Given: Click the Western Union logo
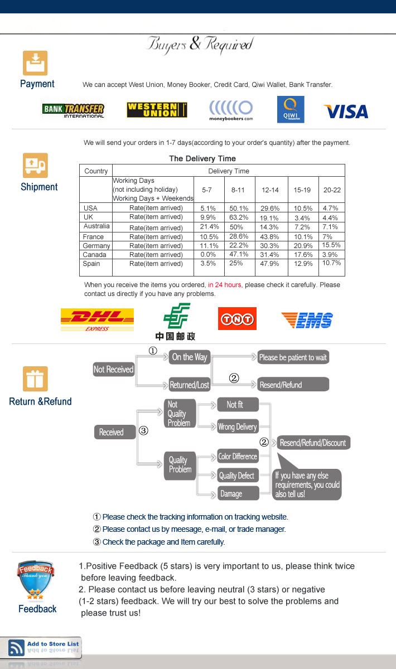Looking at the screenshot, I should (157, 110).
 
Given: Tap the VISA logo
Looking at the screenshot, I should (346, 111).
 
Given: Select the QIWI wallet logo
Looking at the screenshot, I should (291, 110).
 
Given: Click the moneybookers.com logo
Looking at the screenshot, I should (231, 110).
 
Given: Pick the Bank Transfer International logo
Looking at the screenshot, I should (73, 109).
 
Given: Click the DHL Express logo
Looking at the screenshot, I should (97, 319).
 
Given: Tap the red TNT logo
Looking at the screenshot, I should (237, 319).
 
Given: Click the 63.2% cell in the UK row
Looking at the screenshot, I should (239, 217).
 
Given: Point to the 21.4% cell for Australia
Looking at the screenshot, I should (208, 227).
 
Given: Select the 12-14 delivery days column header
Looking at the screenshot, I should (271, 190).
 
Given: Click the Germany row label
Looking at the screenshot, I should (96, 246).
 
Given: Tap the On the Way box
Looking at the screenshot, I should (190, 357).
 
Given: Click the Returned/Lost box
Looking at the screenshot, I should (190, 385).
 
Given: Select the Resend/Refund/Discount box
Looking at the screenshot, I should (313, 443).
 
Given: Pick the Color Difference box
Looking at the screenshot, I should (238, 457).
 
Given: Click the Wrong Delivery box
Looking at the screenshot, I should (238, 427).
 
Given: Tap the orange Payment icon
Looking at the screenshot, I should (35, 63).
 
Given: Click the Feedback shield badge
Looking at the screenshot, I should (36, 581).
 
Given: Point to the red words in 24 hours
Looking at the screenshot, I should (225, 285).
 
